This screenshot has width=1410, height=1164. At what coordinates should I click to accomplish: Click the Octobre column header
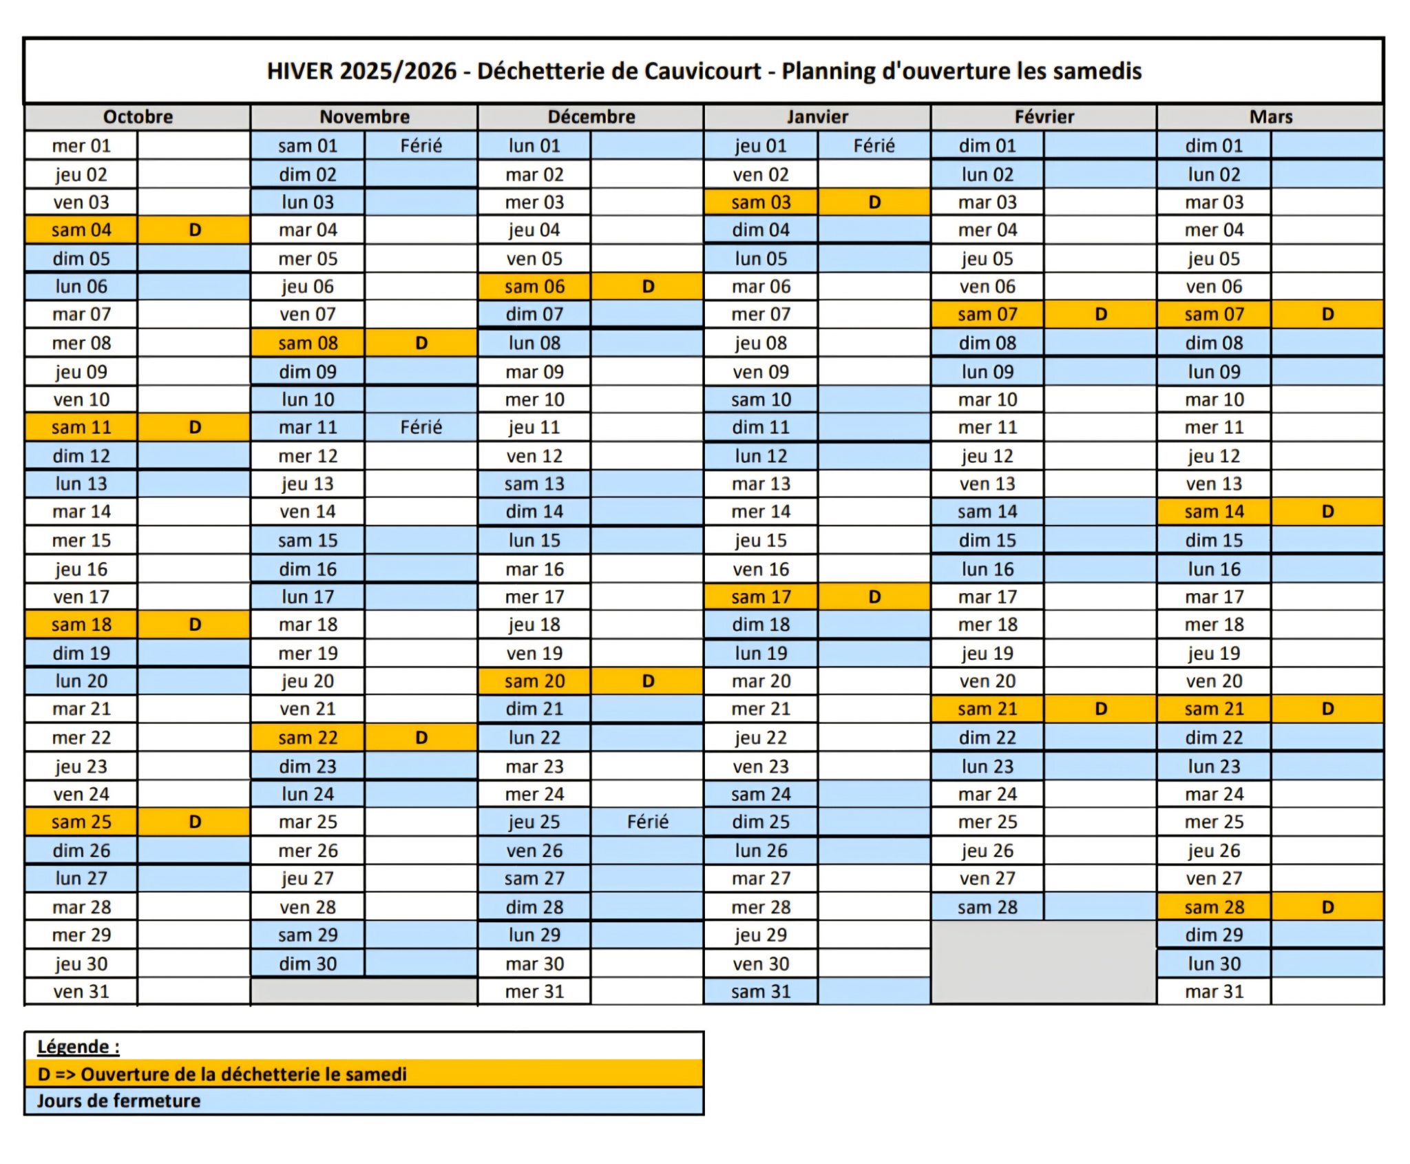click(x=138, y=116)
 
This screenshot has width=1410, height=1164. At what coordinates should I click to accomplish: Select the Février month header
click(x=1044, y=116)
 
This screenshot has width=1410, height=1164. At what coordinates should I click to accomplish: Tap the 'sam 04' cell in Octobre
click(x=81, y=230)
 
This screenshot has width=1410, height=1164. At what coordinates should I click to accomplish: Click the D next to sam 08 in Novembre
click(x=421, y=343)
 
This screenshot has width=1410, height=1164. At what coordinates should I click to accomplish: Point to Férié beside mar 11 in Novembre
click(x=421, y=427)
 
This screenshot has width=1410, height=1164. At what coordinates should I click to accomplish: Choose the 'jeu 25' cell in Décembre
click(x=534, y=822)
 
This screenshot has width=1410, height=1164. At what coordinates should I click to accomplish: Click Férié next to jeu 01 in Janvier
click(x=874, y=145)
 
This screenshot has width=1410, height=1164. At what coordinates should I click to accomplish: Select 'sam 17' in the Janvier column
click(x=761, y=596)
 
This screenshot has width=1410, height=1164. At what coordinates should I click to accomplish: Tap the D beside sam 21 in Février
click(x=1101, y=709)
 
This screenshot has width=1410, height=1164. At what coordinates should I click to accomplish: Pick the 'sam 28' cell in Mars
click(x=1214, y=907)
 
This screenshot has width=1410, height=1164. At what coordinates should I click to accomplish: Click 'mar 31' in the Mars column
click(x=1214, y=992)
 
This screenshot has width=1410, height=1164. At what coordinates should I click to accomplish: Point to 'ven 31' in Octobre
click(x=81, y=992)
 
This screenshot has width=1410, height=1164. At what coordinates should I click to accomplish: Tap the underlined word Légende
click(x=73, y=1047)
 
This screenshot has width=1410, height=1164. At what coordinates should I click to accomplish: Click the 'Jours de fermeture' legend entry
click(x=118, y=1101)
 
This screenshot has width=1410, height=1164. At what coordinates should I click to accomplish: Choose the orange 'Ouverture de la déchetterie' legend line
click(x=222, y=1074)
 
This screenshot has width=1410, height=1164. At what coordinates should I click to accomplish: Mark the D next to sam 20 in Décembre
click(x=648, y=681)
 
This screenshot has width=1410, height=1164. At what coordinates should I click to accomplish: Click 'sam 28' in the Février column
click(x=987, y=907)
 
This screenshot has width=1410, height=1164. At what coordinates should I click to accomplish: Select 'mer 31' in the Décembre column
click(x=534, y=992)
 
